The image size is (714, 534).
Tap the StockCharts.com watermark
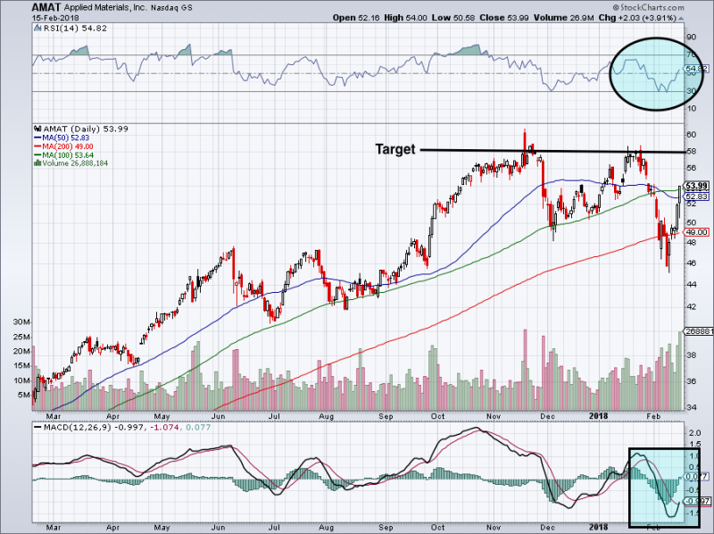(662, 6)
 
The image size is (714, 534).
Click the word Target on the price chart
(394, 150)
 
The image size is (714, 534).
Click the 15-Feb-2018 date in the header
(52, 17)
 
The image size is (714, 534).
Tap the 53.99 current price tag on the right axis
(695, 186)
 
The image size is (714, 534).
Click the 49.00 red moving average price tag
(695, 232)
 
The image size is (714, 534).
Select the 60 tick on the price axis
(690, 134)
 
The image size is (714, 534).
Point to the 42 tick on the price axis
(690, 306)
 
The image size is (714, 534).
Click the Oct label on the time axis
(439, 416)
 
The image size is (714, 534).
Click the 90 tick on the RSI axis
(690, 38)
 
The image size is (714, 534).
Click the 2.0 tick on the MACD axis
(692, 432)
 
